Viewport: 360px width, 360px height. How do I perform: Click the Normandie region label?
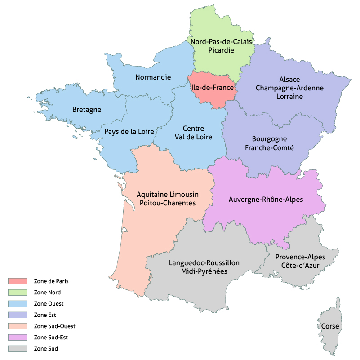point(153,77)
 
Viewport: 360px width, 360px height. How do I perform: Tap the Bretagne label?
point(87,109)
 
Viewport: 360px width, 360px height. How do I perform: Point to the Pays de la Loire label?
point(129,131)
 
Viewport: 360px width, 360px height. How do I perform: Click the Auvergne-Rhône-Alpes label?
point(266,199)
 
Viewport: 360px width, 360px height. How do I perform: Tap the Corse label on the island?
point(330,326)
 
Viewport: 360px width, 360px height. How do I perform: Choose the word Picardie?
point(221,50)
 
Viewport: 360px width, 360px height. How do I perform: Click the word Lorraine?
point(289,96)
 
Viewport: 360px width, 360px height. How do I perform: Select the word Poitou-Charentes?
point(168,203)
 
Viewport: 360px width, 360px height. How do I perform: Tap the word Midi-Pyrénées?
point(204,271)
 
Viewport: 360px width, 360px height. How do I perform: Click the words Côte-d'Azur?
point(301,266)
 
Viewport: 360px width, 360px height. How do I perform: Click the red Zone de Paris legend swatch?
point(18,281)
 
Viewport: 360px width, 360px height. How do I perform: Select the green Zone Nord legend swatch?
point(18,293)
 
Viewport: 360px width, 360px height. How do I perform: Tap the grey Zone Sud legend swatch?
point(18,348)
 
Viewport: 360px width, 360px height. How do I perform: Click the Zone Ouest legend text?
point(48,304)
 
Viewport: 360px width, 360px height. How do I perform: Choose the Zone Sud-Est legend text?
point(50,337)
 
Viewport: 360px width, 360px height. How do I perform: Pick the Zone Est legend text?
point(44,315)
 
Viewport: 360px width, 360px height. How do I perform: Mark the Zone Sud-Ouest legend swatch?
point(18,326)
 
